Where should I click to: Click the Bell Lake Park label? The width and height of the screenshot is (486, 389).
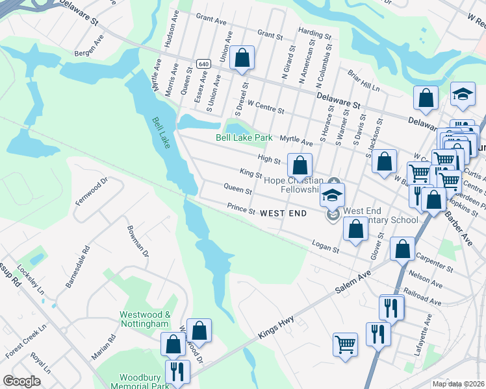244,138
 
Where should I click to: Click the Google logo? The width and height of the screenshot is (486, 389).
21,381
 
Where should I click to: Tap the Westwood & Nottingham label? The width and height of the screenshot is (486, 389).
144,318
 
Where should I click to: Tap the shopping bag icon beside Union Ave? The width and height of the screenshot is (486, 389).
242,58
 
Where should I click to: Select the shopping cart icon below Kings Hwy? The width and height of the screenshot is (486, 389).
345,344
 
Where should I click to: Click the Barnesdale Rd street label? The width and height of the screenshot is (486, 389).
75,267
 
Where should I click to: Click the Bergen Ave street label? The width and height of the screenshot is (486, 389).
89,43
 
